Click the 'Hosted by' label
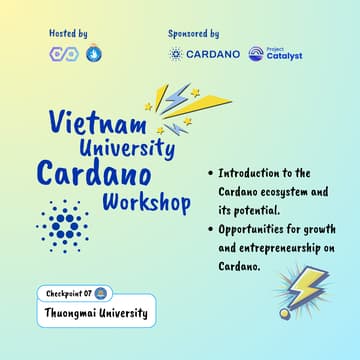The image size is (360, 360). (68, 33)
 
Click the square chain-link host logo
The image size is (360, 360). (61, 54)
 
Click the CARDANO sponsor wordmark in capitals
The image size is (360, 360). (213, 54)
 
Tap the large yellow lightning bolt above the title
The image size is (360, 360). (180, 104)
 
